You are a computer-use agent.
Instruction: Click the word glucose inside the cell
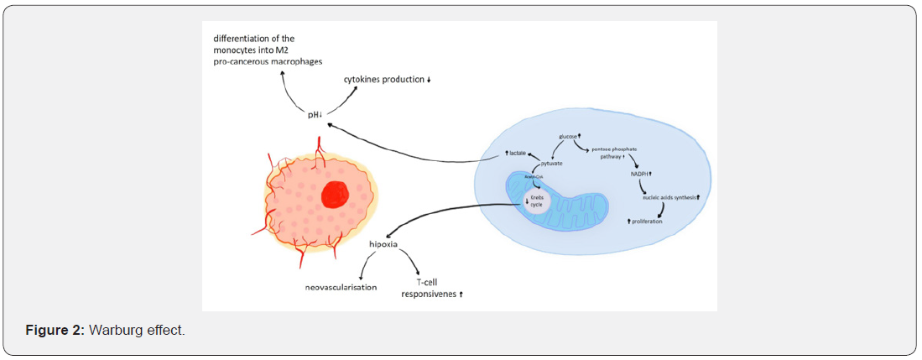point(569,136)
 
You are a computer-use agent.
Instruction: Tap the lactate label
point(517,154)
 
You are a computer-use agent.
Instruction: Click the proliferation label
point(646,221)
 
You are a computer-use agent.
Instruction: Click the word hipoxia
point(383,244)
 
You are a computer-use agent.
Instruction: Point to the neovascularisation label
point(341,288)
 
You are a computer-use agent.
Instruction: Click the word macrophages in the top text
point(293,62)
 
